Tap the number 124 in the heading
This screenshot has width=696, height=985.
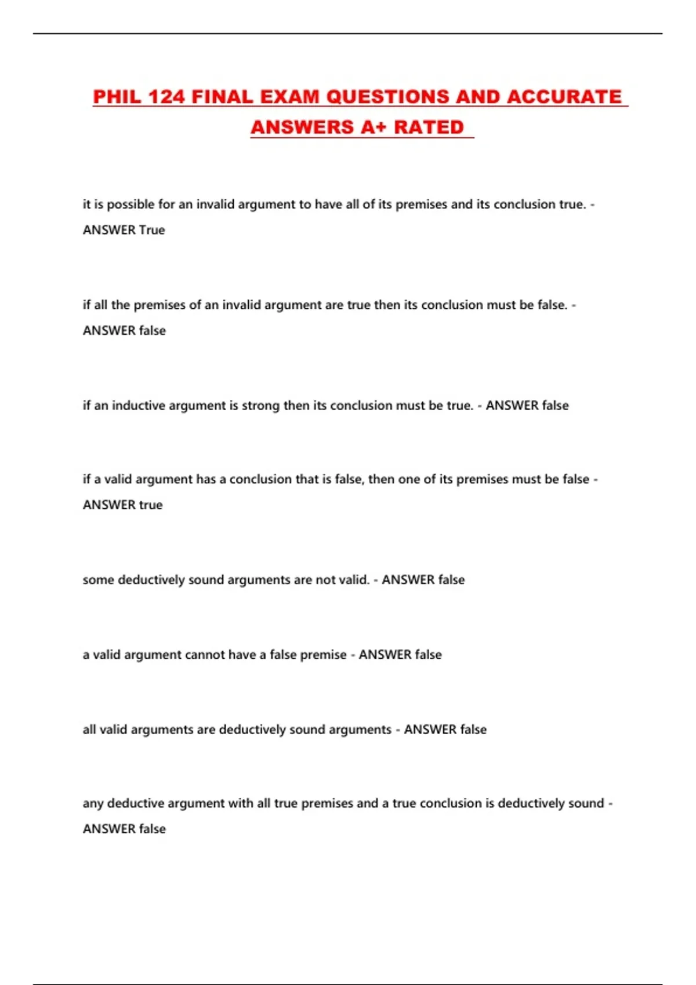coord(166,97)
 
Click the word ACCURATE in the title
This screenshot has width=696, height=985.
coord(564,97)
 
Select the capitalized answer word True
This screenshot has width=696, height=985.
coord(152,230)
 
